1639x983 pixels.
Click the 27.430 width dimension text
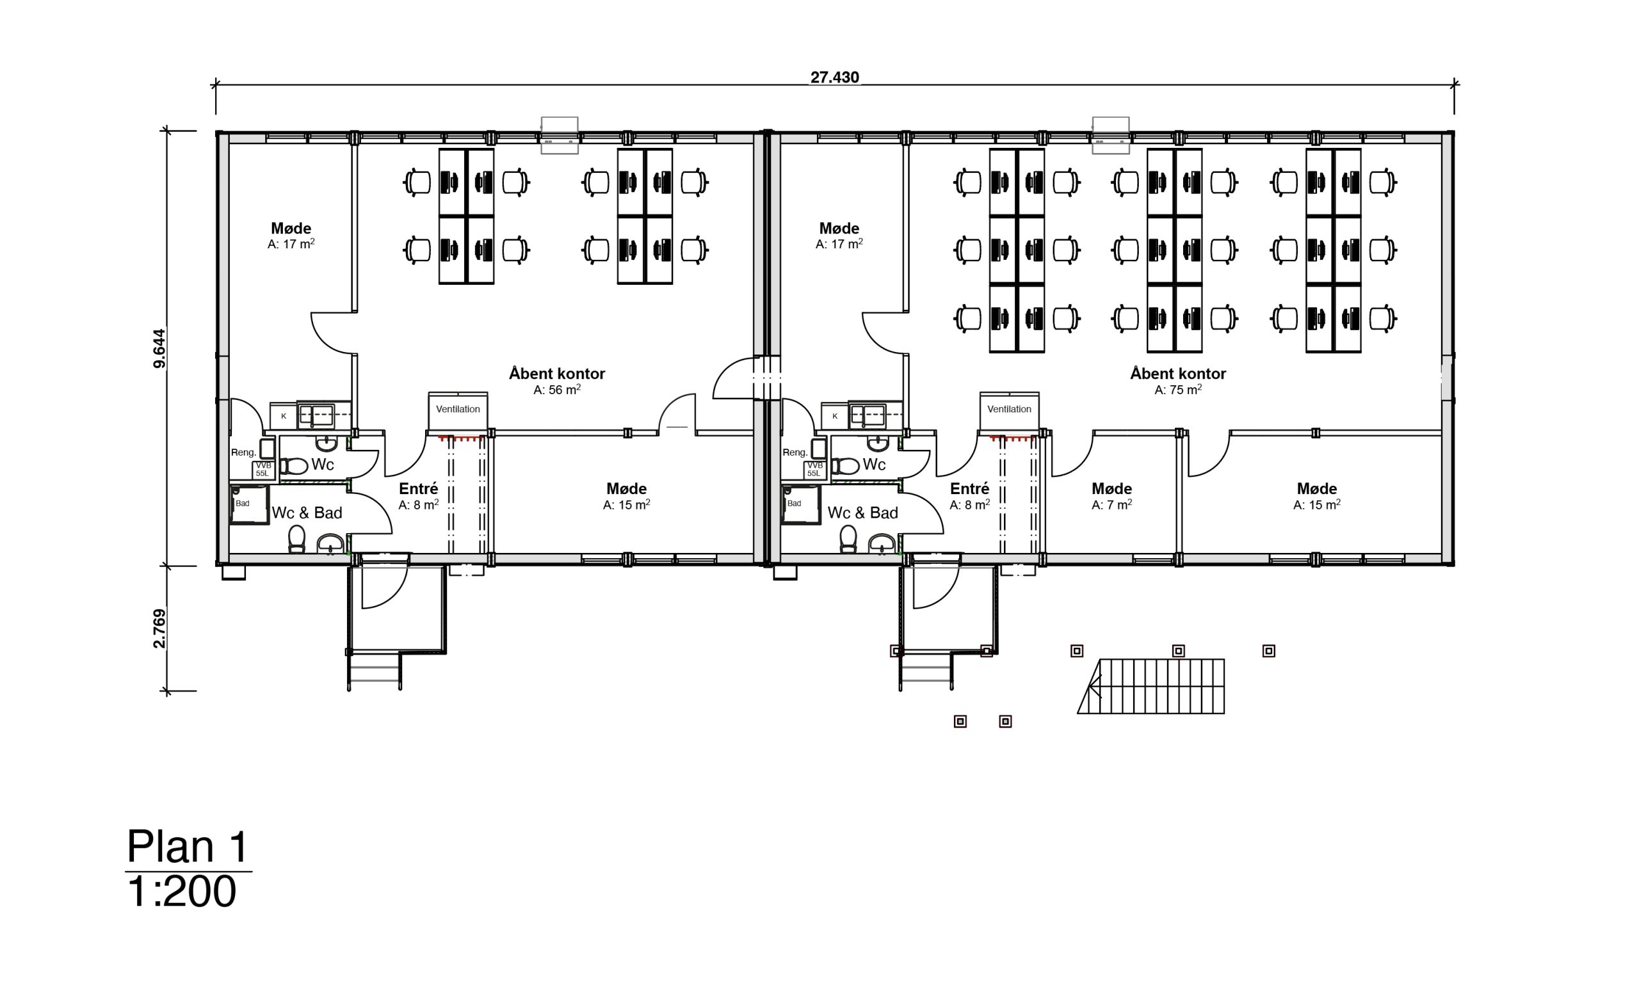click(834, 77)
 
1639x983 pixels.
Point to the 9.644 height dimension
click(159, 348)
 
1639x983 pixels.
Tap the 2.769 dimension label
click(159, 628)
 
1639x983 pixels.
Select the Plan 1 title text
click(188, 847)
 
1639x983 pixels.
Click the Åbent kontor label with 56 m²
click(556, 374)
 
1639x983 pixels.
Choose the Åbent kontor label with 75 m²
click(1177, 374)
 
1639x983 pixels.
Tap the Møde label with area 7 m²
click(1111, 490)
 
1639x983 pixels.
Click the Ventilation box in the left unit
click(458, 410)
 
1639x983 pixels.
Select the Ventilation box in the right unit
click(1009, 410)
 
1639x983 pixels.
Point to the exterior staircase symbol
click(1151, 686)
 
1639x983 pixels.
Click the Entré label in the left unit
click(418, 490)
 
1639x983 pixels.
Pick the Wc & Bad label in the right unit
click(862, 513)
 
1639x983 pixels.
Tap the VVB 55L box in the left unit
click(263, 470)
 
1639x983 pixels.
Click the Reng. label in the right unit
click(795, 452)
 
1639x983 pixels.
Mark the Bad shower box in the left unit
click(248, 505)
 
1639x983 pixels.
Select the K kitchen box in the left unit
click(284, 416)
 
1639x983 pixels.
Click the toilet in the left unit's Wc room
click(293, 467)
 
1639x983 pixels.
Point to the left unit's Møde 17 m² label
click(291, 229)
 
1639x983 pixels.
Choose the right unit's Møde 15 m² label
click(1316, 490)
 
